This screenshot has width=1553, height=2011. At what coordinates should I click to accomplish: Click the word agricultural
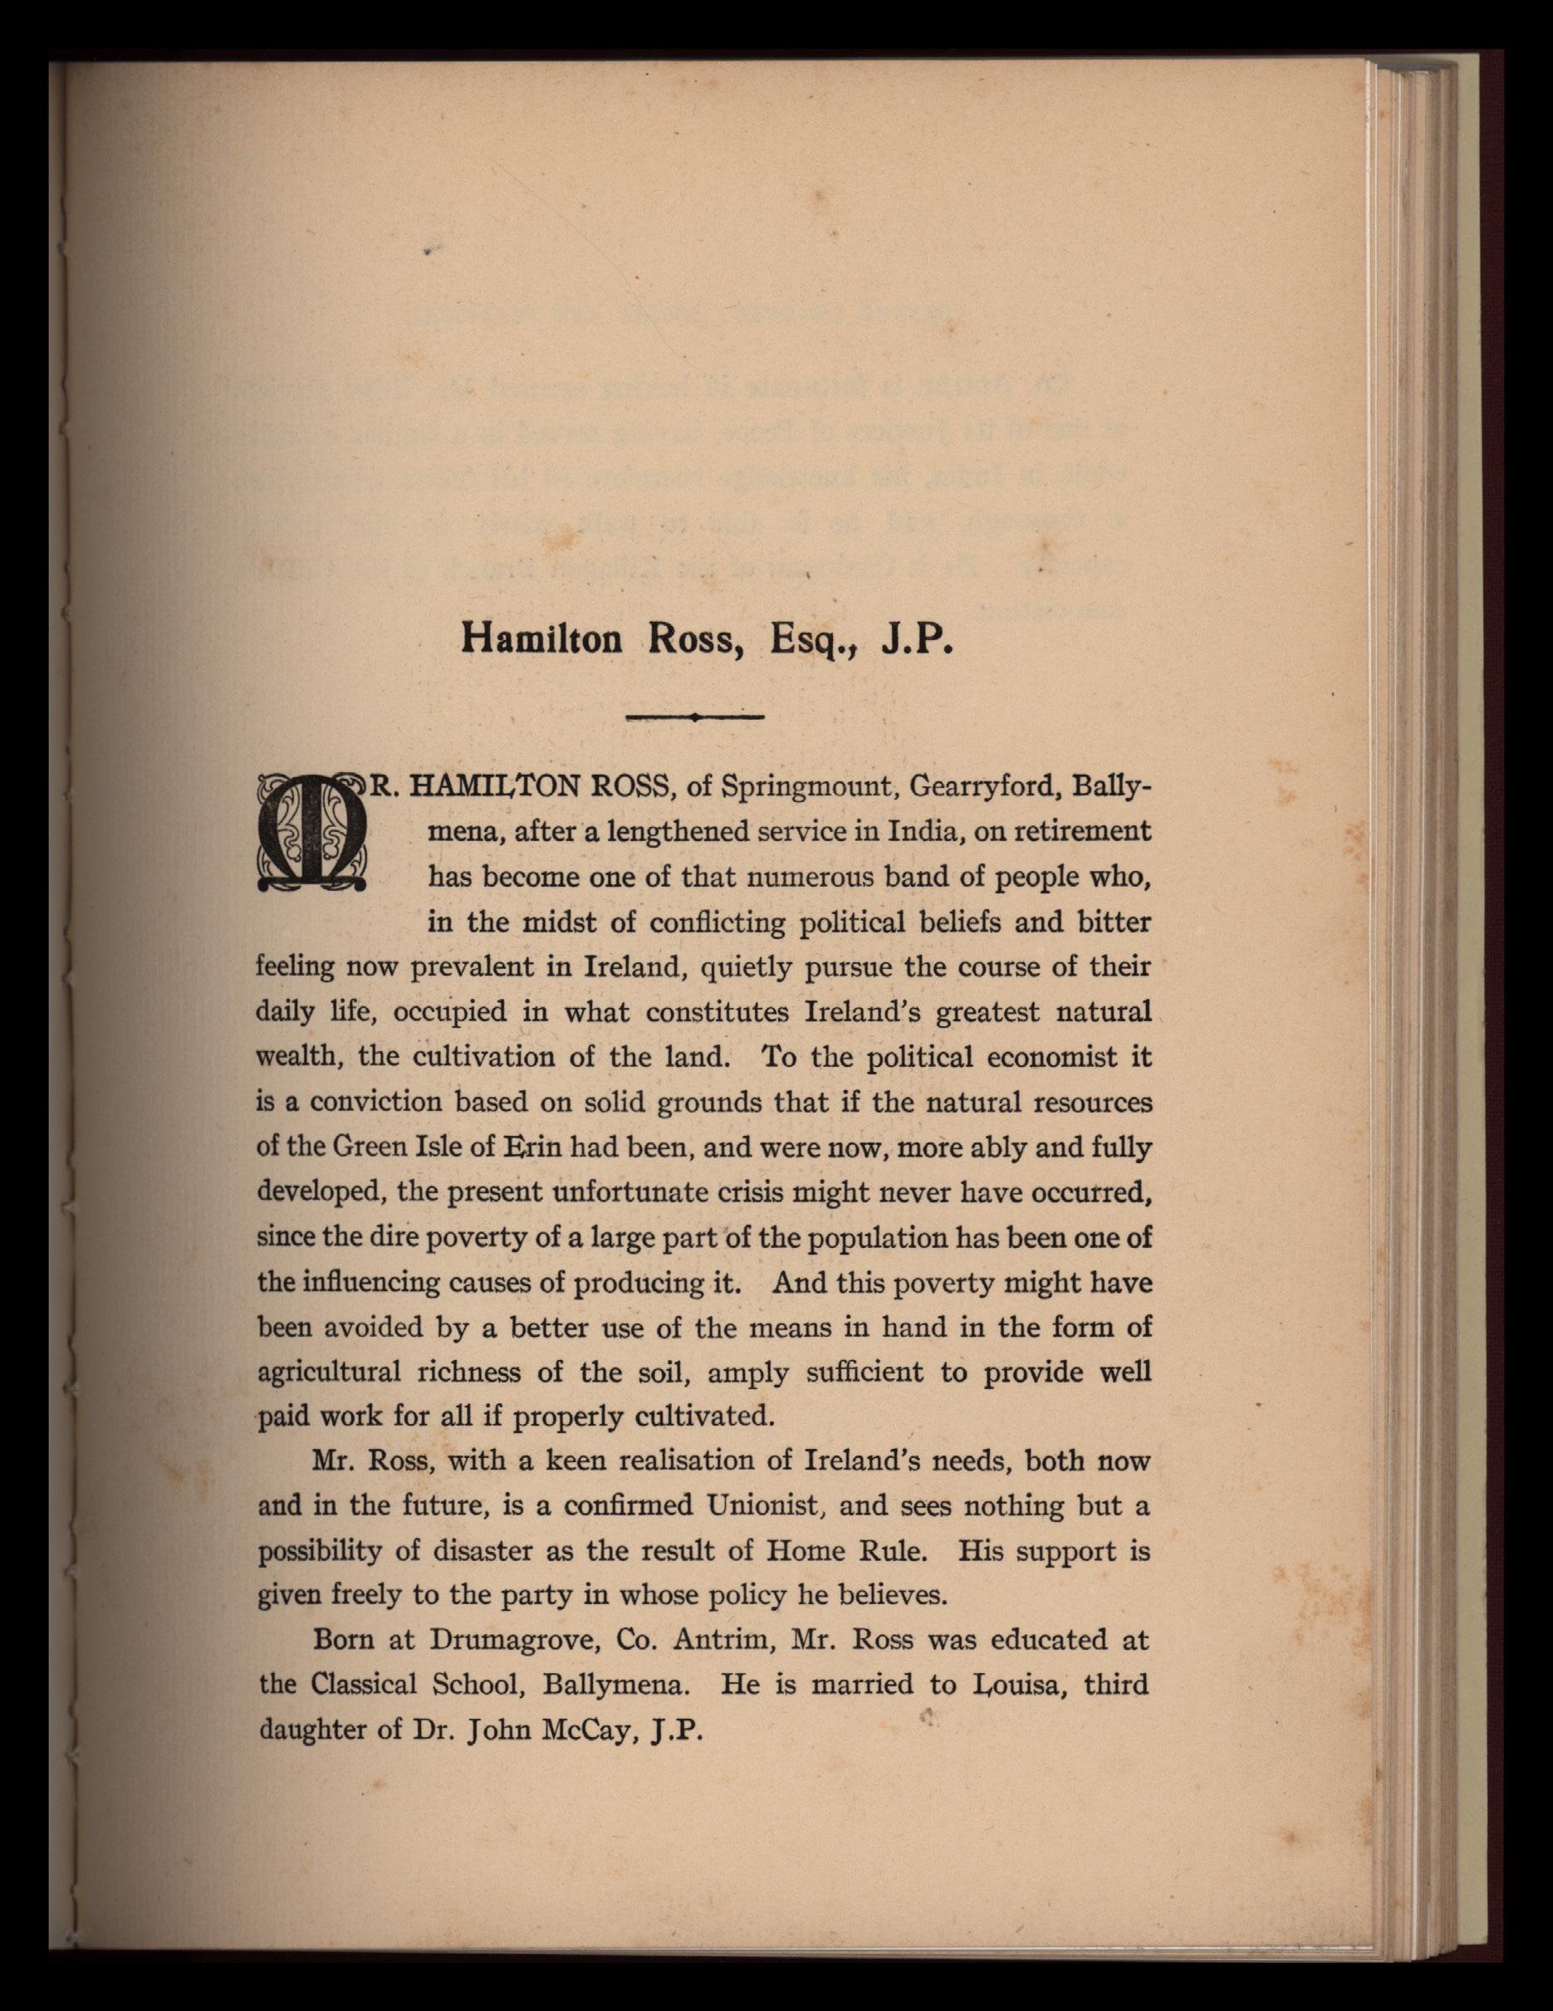pyautogui.click(x=329, y=1372)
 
